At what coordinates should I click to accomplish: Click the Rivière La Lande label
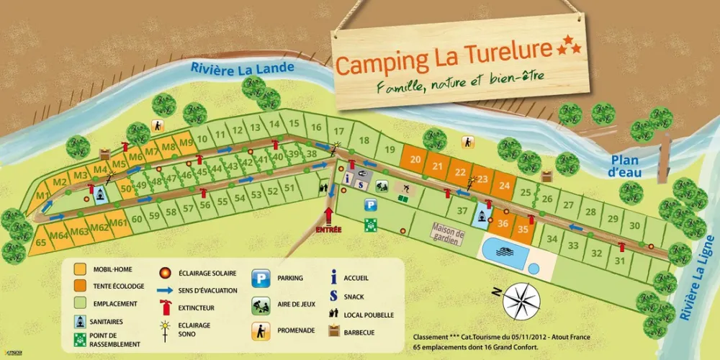pyautogui.click(x=242, y=68)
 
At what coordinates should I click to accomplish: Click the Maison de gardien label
pyautogui.click(x=447, y=235)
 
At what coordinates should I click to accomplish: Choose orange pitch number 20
pyautogui.click(x=415, y=161)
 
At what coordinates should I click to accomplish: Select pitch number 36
pyautogui.click(x=503, y=224)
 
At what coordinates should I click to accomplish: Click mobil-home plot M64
pyautogui.click(x=59, y=233)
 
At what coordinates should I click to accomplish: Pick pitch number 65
pyautogui.click(x=40, y=243)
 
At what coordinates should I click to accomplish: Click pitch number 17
pyautogui.click(x=338, y=132)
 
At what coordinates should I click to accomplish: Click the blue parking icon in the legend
pyautogui.click(x=259, y=278)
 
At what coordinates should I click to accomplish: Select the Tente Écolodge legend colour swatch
pyautogui.click(x=81, y=286)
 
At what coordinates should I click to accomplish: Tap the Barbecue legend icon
pyautogui.click(x=333, y=331)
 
